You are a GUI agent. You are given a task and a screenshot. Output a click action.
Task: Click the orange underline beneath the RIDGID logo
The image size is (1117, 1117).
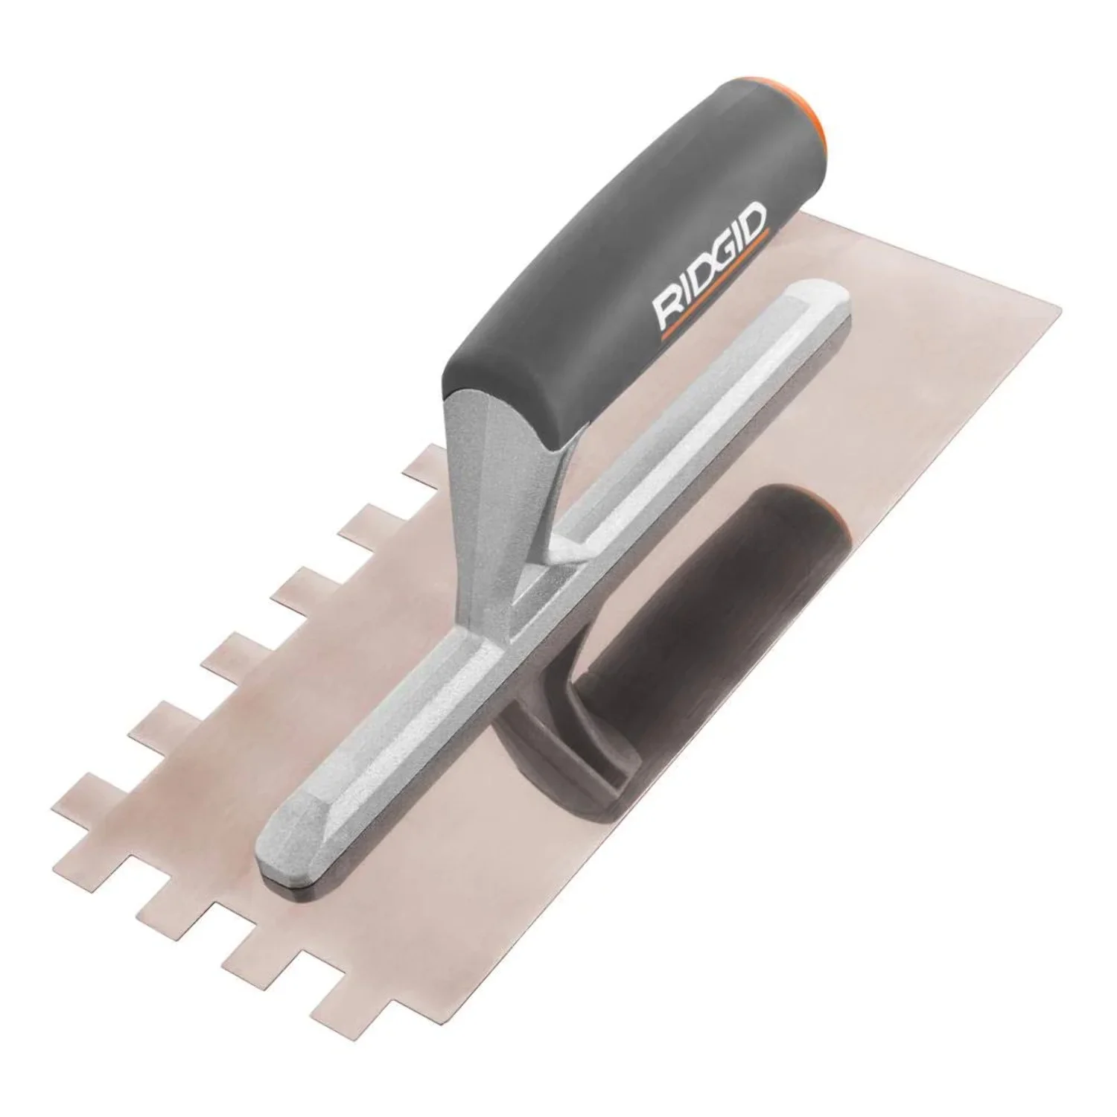click(715, 294)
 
